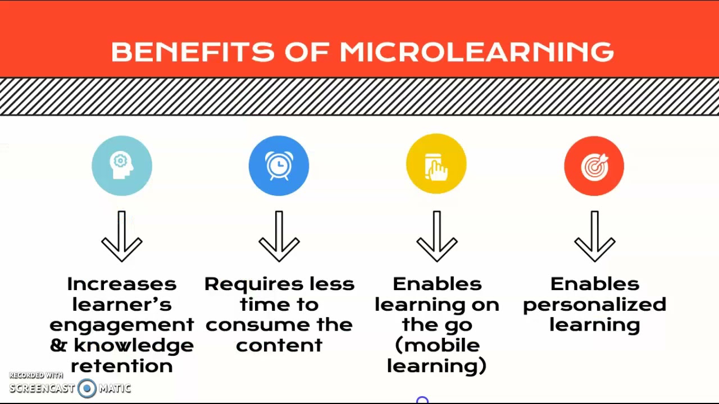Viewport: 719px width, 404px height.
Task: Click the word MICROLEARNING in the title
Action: [x=476, y=52]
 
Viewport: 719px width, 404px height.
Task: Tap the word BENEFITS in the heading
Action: [x=192, y=52]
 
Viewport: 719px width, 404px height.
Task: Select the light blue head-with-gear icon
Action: [x=122, y=166]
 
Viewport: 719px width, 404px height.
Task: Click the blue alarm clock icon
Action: [x=279, y=166]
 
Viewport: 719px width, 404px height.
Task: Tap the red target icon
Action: [x=594, y=166]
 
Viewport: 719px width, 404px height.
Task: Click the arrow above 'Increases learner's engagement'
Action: [x=122, y=236]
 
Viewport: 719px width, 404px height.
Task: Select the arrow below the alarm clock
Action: [x=279, y=236]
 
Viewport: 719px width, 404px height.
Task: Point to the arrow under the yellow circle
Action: [x=437, y=236]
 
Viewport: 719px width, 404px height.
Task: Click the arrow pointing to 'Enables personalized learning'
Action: [x=595, y=236]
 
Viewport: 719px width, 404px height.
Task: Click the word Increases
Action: [x=122, y=284]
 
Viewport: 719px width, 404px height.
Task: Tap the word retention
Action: [x=122, y=366]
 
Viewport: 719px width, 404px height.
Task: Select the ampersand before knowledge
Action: [x=58, y=345]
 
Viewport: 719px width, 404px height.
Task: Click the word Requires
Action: [x=246, y=284]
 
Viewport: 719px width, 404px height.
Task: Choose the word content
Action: [x=279, y=345]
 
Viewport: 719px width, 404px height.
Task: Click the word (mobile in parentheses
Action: [x=437, y=345]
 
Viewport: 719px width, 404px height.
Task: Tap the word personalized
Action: [x=595, y=305]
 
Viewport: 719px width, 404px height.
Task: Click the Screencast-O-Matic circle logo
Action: [x=87, y=388]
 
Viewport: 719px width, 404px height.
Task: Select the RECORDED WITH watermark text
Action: [x=36, y=375]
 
